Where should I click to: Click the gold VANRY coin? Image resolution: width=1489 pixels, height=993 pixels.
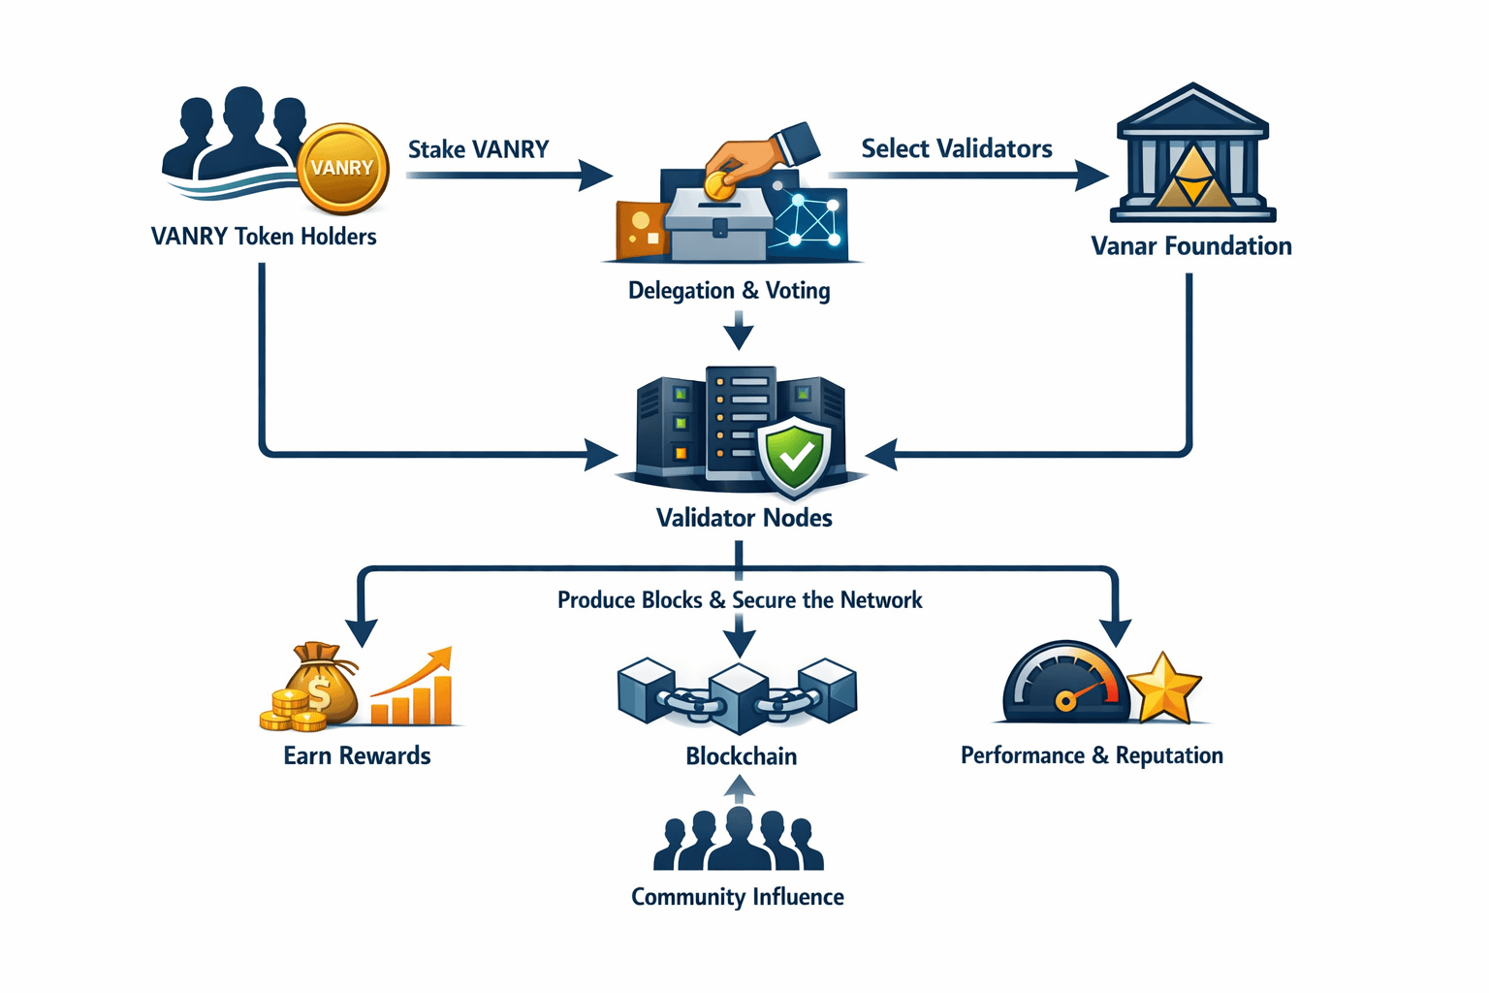pyautogui.click(x=342, y=169)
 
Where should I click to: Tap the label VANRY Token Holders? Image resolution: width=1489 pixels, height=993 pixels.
pyautogui.click(x=264, y=237)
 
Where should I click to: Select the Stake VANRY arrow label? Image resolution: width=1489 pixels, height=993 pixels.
pyautogui.click(x=478, y=149)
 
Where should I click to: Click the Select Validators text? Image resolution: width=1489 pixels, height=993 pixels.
pyautogui.click(x=956, y=148)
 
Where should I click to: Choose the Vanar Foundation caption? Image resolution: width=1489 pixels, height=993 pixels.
pyautogui.click(x=1191, y=246)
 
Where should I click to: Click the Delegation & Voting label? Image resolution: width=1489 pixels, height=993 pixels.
pyautogui.click(x=729, y=291)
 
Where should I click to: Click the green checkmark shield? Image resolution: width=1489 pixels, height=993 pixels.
pyautogui.click(x=795, y=456)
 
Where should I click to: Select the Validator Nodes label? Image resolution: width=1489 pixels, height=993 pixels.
pyautogui.click(x=744, y=518)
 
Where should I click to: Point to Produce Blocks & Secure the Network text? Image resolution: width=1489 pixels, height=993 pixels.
pyautogui.click(x=740, y=600)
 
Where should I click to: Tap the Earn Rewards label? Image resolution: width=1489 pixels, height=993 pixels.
pyautogui.click(x=357, y=755)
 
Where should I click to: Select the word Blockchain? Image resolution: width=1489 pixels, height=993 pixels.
pyautogui.click(x=741, y=756)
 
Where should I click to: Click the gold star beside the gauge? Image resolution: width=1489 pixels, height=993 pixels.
pyautogui.click(x=1164, y=688)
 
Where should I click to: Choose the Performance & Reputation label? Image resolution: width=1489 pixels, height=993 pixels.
pyautogui.click(x=1092, y=755)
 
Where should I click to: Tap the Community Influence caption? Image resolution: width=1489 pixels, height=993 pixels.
pyautogui.click(x=737, y=897)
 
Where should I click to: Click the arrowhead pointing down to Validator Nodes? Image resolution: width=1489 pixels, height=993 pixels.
pyautogui.click(x=739, y=336)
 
